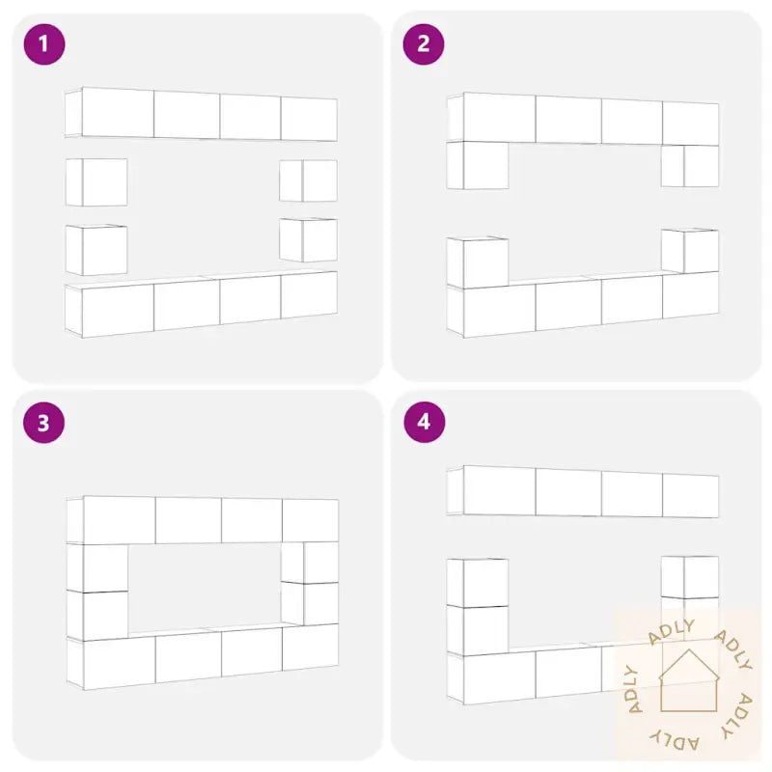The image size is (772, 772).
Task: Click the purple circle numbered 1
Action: [44, 44]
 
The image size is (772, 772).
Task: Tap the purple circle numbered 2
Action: [424, 44]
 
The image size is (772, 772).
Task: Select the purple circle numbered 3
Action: [43, 423]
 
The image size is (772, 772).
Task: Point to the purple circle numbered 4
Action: [424, 423]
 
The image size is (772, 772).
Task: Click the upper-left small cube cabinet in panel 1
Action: [96, 182]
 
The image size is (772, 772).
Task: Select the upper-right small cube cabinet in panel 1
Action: [308, 180]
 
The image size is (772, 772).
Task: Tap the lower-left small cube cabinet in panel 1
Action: [96, 250]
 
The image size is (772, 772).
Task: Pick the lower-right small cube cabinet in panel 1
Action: [308, 239]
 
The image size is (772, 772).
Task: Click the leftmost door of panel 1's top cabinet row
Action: [118, 113]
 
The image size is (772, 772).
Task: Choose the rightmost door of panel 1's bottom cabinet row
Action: [309, 295]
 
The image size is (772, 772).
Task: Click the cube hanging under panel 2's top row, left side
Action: [478, 165]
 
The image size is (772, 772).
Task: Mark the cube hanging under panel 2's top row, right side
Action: [690, 166]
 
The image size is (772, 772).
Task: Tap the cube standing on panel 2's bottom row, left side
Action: [478, 262]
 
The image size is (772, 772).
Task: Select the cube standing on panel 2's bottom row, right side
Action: [690, 251]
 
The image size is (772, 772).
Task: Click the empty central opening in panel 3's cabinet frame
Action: [205, 586]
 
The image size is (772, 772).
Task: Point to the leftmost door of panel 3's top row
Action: [120, 520]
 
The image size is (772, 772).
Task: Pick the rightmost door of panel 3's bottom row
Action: [311, 647]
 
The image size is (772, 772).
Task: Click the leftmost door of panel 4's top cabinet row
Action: [500, 490]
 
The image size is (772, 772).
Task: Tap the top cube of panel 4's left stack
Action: [478, 583]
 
